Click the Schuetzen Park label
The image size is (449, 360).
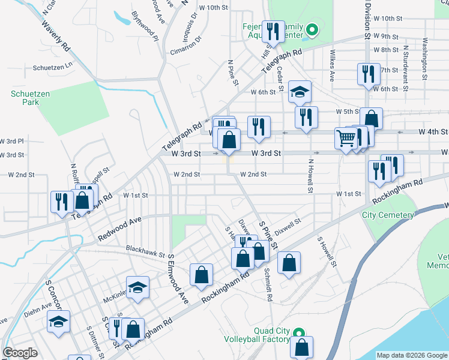25,98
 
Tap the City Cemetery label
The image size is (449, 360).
388,215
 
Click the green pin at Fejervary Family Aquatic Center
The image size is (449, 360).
312,29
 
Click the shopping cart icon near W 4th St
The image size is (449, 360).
346,139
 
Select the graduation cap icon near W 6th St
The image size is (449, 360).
300,92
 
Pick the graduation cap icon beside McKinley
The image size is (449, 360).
137,287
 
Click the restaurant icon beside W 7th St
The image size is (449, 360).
367,74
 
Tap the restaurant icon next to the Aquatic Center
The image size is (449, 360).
273,31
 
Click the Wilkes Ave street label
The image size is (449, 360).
332,65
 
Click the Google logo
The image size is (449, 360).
20,353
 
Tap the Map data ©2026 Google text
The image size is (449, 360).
411,355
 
